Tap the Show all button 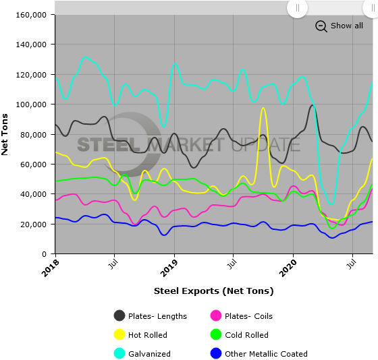346,26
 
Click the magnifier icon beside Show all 321,26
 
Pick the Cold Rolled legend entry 240,334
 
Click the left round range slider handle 297,7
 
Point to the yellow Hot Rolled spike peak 263,109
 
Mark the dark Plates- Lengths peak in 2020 313,105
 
